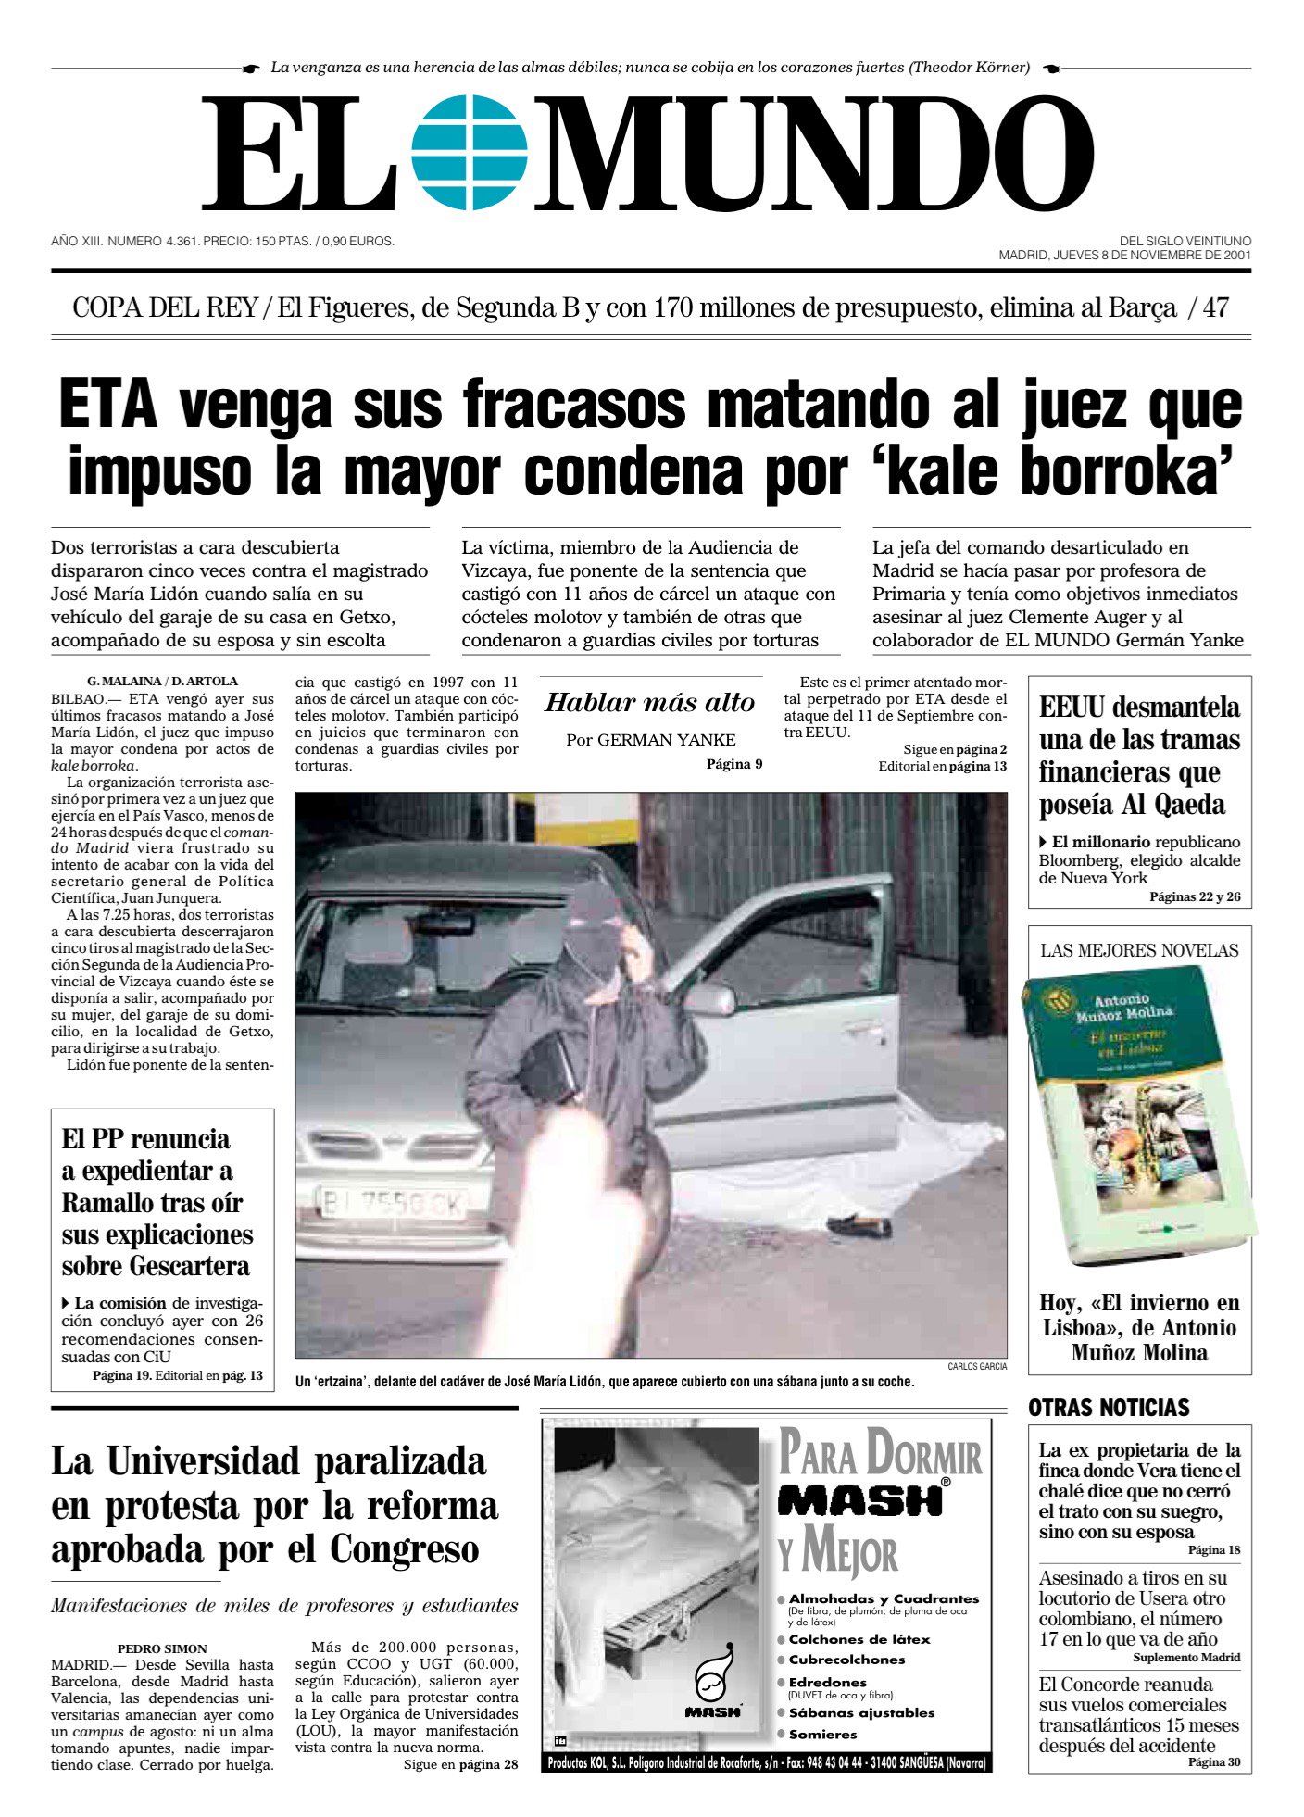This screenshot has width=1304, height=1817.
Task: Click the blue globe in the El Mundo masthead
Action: (x=470, y=153)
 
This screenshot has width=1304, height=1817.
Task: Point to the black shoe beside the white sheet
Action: (x=859, y=1224)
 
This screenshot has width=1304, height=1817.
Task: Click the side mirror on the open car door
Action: (x=708, y=1000)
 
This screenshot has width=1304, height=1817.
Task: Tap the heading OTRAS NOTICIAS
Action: (x=1108, y=1409)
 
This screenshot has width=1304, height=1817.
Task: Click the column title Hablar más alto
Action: (x=650, y=703)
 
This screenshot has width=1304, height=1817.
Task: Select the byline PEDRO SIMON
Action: (x=162, y=1648)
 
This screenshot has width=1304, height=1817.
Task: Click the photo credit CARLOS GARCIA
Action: (x=976, y=1366)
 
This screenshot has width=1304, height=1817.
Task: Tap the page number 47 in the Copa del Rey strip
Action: (x=1215, y=308)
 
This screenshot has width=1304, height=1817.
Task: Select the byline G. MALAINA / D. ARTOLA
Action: (x=162, y=681)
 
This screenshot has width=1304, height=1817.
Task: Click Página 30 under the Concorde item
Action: (x=1213, y=1761)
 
